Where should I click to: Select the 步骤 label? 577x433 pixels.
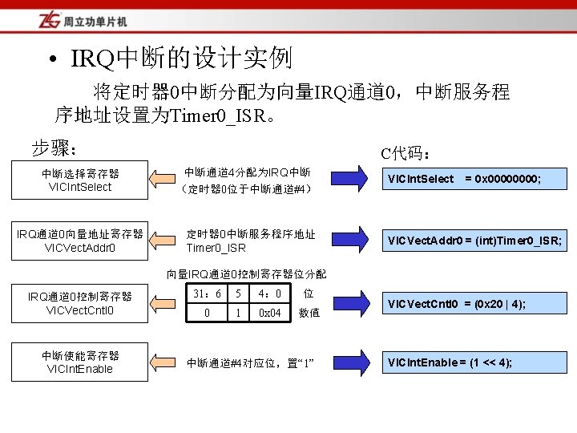(54, 148)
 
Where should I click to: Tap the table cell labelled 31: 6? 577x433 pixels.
(207, 294)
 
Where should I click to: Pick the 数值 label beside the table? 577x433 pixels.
(309, 314)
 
